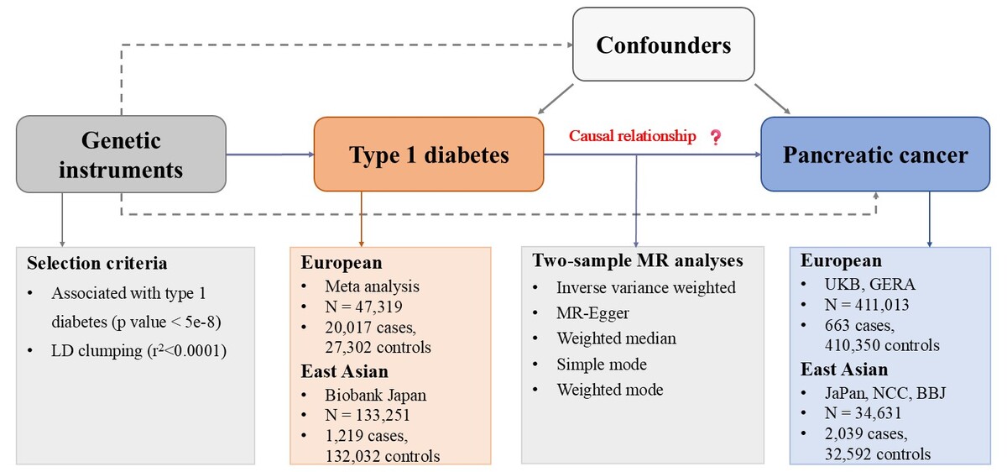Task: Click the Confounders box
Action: [663, 45]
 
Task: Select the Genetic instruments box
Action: [121, 155]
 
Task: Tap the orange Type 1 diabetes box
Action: [429, 155]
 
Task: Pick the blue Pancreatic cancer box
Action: [875, 155]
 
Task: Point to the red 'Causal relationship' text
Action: [633, 136]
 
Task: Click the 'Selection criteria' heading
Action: [97, 263]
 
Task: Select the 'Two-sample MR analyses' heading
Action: [637, 260]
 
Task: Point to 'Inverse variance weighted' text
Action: [645, 287]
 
